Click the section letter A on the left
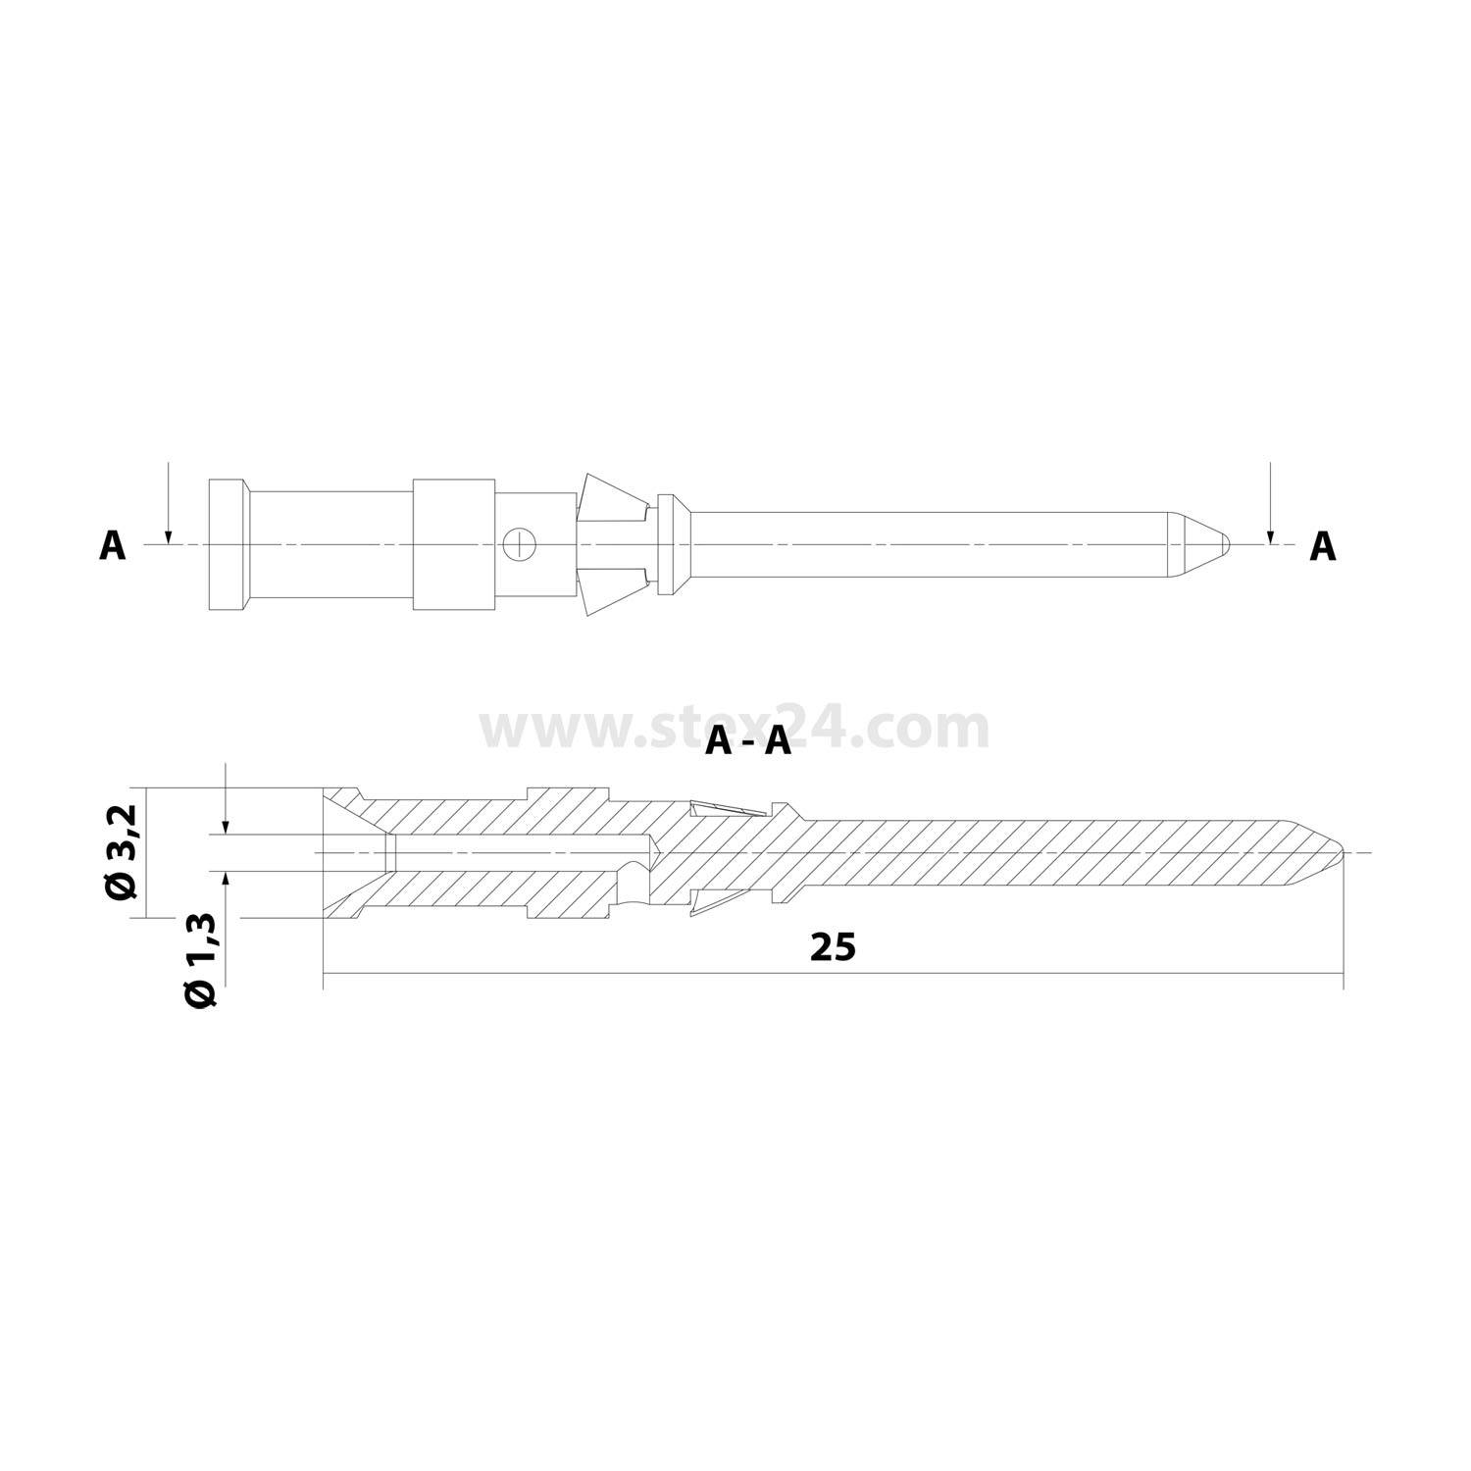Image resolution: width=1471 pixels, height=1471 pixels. [113, 546]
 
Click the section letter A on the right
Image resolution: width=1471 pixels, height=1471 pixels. [1323, 546]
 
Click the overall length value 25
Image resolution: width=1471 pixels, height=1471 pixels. [833, 947]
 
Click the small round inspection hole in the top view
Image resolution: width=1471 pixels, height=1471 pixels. [520, 544]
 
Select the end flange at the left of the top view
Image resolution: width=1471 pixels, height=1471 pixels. [227, 544]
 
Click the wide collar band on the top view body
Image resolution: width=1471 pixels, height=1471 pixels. [452, 544]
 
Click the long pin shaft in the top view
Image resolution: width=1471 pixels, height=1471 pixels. [932, 544]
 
